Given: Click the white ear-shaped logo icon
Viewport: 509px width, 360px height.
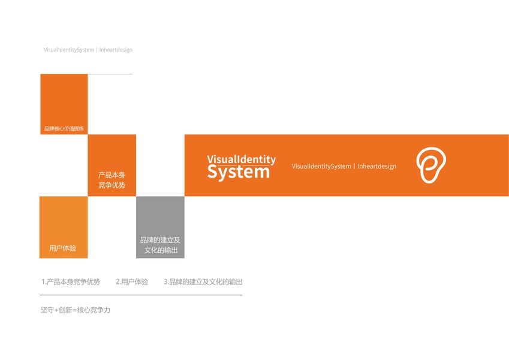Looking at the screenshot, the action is pyautogui.click(x=431, y=165).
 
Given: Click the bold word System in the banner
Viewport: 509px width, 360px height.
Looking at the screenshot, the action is pyautogui.click(x=239, y=172).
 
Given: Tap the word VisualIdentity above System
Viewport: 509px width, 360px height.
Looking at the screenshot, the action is pyautogui.click(x=241, y=160).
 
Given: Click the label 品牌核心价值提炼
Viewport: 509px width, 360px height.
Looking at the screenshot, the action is pyautogui.click(x=64, y=128).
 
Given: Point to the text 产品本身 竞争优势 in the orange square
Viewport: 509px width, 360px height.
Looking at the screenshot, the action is pyautogui.click(x=112, y=180).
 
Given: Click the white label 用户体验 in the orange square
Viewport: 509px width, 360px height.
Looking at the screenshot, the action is pyautogui.click(x=62, y=248).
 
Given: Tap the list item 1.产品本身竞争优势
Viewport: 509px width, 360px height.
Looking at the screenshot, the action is pyautogui.click(x=71, y=282).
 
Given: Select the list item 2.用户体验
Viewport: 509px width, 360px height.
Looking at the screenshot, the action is pyautogui.click(x=132, y=282).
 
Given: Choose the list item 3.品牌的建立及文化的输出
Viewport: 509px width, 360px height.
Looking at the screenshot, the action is pyautogui.click(x=203, y=282).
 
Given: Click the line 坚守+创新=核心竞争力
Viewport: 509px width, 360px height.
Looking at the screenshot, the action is pyautogui.click(x=76, y=310).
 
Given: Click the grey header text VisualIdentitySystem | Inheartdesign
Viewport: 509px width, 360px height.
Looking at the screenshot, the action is pyautogui.click(x=88, y=50).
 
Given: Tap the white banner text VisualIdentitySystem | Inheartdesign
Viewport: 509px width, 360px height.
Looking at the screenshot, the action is pyautogui.click(x=344, y=166).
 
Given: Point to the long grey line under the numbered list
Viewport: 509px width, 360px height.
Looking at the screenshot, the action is pyautogui.click(x=141, y=295).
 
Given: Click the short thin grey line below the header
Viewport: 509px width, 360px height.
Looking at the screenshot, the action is pyautogui.click(x=110, y=74).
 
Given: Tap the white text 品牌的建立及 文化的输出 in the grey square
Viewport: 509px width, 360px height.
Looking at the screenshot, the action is pyautogui.click(x=160, y=245).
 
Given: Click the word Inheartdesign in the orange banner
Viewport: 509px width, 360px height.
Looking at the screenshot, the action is pyautogui.click(x=377, y=166).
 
